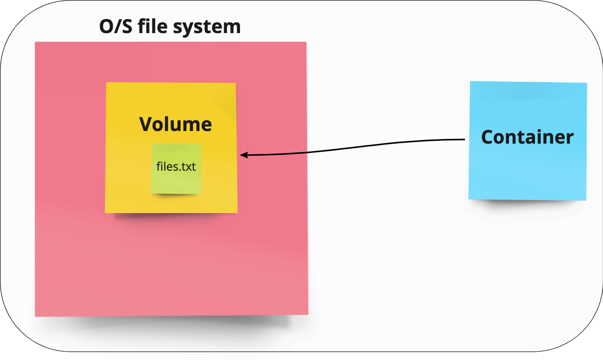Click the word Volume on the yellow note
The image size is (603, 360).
point(176,124)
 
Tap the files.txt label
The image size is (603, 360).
point(176,166)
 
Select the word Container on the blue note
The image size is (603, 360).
point(527,137)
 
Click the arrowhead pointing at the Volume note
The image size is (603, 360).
point(242,155)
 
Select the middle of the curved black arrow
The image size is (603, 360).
point(354,146)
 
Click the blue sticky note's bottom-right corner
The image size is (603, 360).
point(585,200)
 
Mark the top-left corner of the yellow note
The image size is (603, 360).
point(107,83)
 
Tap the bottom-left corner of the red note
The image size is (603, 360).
point(35,316)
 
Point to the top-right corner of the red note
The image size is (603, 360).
point(306,42)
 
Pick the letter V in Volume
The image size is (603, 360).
point(146,124)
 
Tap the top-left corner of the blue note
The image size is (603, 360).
point(470,82)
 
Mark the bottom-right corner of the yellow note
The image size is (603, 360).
point(237,212)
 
